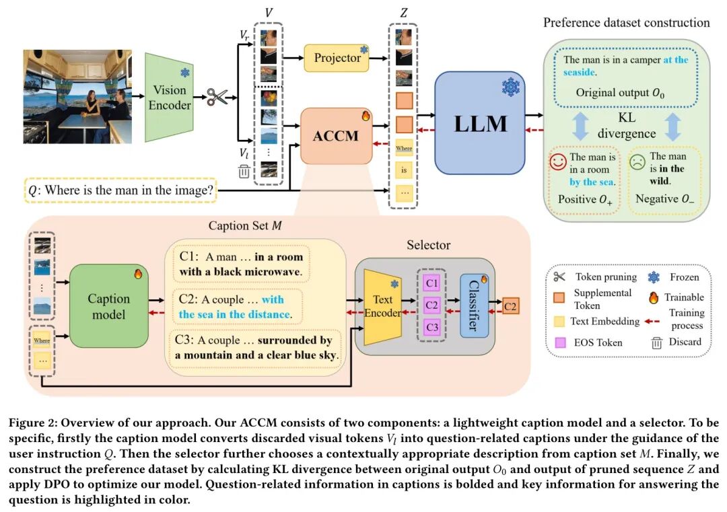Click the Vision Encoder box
170,98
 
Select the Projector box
338,59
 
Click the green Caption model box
108,305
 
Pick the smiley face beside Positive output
557,163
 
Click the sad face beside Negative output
636,163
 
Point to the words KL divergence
627,126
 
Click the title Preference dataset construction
626,23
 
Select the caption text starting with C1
240,264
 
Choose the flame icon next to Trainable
654,297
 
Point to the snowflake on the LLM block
512,86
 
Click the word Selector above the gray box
428,246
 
